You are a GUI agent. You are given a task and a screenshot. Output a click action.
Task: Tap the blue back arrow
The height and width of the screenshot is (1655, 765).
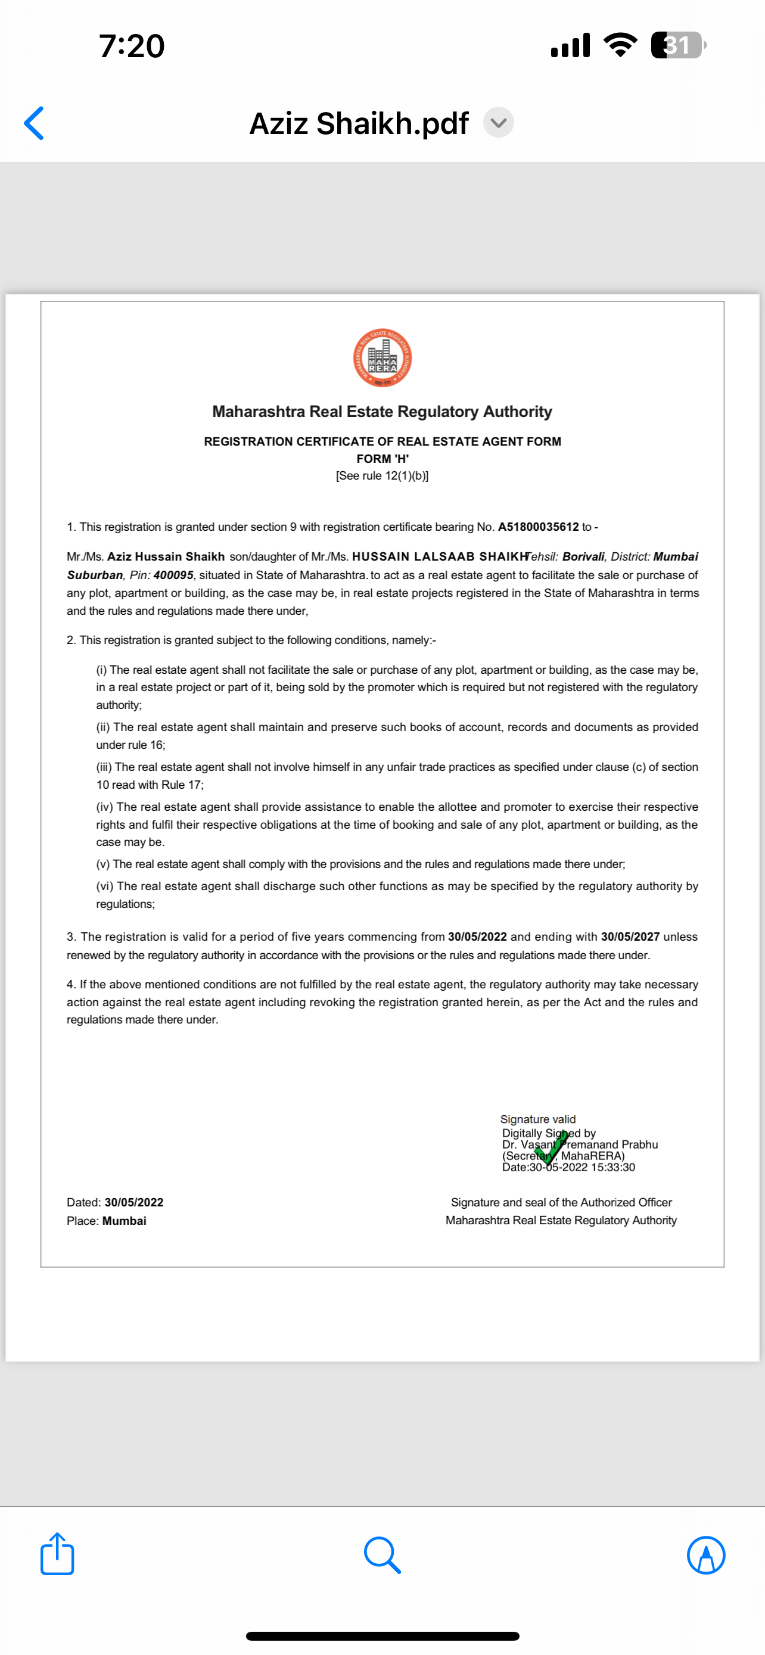tap(34, 123)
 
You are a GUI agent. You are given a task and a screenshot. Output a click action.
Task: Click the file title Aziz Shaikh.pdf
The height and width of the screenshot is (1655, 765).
tap(359, 123)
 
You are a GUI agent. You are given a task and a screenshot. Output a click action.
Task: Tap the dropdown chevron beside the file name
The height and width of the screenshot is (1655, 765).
tap(499, 122)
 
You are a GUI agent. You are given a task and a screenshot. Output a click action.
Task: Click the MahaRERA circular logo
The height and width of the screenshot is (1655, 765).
tap(382, 358)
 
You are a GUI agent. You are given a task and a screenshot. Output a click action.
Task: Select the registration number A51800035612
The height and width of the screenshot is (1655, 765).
tap(538, 527)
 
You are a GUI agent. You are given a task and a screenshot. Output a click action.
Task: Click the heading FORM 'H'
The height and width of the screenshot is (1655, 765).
tap(382, 459)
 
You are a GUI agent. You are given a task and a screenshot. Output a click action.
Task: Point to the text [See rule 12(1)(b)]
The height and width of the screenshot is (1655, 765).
tap(382, 476)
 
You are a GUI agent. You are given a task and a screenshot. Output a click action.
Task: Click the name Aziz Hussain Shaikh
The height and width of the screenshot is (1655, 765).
tap(166, 556)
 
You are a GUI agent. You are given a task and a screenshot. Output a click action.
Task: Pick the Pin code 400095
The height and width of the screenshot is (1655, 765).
tap(173, 575)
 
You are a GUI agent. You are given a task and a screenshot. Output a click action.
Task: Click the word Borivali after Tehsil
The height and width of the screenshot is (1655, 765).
tap(583, 556)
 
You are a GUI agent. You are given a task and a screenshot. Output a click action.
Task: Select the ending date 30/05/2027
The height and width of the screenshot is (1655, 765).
tap(630, 937)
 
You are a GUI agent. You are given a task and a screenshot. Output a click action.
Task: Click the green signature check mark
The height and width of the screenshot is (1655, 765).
tap(551, 1148)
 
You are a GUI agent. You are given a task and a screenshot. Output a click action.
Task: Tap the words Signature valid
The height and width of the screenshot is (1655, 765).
tap(537, 1119)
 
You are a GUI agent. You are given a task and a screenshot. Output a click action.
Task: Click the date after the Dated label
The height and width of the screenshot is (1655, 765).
tap(133, 1202)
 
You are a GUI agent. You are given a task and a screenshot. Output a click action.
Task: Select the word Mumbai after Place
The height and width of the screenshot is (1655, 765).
tap(124, 1221)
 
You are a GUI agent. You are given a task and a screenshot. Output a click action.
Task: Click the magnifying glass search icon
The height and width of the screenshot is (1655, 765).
tap(382, 1555)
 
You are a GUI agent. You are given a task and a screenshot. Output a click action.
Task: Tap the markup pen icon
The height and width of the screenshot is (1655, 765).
tap(706, 1555)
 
